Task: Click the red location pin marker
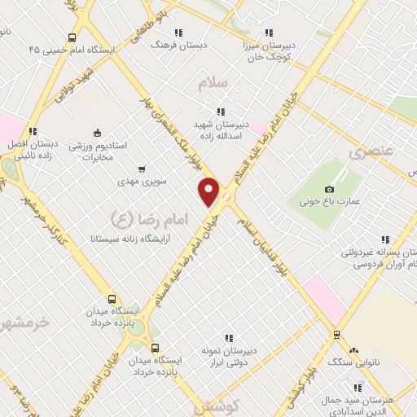tap(209, 191)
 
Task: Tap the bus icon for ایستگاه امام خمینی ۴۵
tap(72, 37)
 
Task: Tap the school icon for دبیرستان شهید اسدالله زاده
tap(220, 112)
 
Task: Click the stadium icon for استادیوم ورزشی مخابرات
tap(98, 134)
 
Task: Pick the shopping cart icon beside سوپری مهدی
tap(142, 169)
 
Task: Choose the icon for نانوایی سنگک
tap(355, 345)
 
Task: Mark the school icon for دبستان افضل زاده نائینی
tap(33, 130)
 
